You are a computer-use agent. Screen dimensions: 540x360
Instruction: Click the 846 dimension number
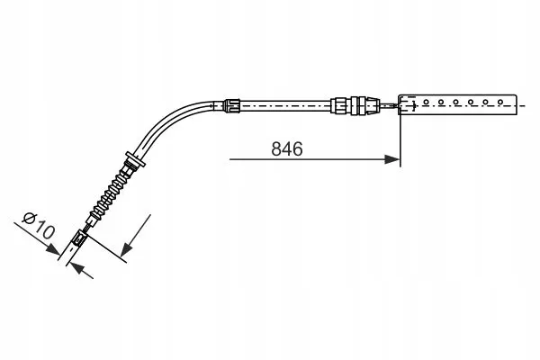click(287, 148)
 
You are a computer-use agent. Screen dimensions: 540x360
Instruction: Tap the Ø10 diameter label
click(38, 226)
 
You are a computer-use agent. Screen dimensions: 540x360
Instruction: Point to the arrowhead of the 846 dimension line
click(392, 159)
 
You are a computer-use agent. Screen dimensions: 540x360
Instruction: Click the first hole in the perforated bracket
click(426, 102)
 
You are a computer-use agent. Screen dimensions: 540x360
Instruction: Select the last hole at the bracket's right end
click(500, 102)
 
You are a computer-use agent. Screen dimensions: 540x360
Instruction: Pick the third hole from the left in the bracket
click(455, 102)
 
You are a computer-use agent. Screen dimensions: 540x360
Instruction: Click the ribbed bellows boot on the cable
click(109, 195)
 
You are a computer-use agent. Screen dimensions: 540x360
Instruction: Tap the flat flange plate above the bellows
click(135, 160)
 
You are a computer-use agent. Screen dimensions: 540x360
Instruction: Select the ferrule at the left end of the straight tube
click(231, 105)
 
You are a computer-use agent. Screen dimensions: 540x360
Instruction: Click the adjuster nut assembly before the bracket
click(355, 105)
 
